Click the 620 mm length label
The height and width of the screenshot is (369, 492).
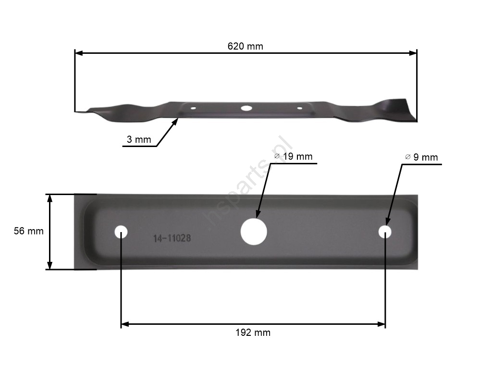(245, 47)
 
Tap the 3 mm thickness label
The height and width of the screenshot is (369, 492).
(139, 139)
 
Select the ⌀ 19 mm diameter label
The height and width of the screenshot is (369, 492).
(293, 156)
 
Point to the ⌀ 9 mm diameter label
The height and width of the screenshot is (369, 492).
(421, 157)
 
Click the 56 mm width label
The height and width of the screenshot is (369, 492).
(28, 231)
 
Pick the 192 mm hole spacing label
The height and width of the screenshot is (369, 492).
(253, 332)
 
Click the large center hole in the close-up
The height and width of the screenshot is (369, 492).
(254, 232)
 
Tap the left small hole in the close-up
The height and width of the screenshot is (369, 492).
(121, 232)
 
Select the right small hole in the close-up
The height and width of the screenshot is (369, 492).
(385, 232)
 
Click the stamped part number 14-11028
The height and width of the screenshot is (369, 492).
(172, 238)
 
